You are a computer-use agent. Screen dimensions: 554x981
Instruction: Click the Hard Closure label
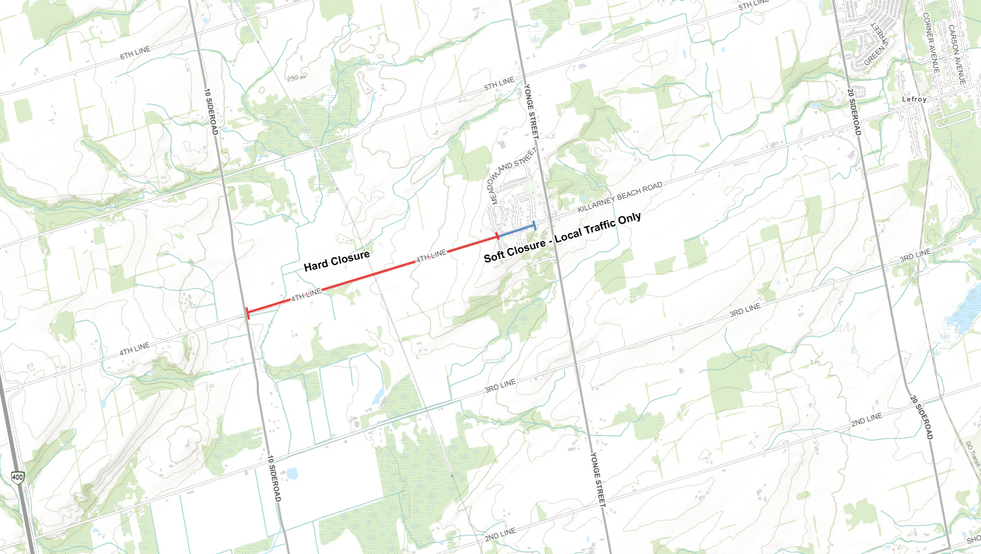tap(336, 261)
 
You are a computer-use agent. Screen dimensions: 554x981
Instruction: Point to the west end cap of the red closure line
tap(247, 312)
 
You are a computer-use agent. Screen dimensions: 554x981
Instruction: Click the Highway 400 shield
tap(16, 476)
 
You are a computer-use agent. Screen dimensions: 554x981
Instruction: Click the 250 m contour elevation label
tap(295, 78)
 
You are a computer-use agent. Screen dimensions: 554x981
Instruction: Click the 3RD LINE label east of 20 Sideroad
tap(915, 254)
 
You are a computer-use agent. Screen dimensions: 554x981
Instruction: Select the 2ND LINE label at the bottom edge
tap(500, 533)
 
